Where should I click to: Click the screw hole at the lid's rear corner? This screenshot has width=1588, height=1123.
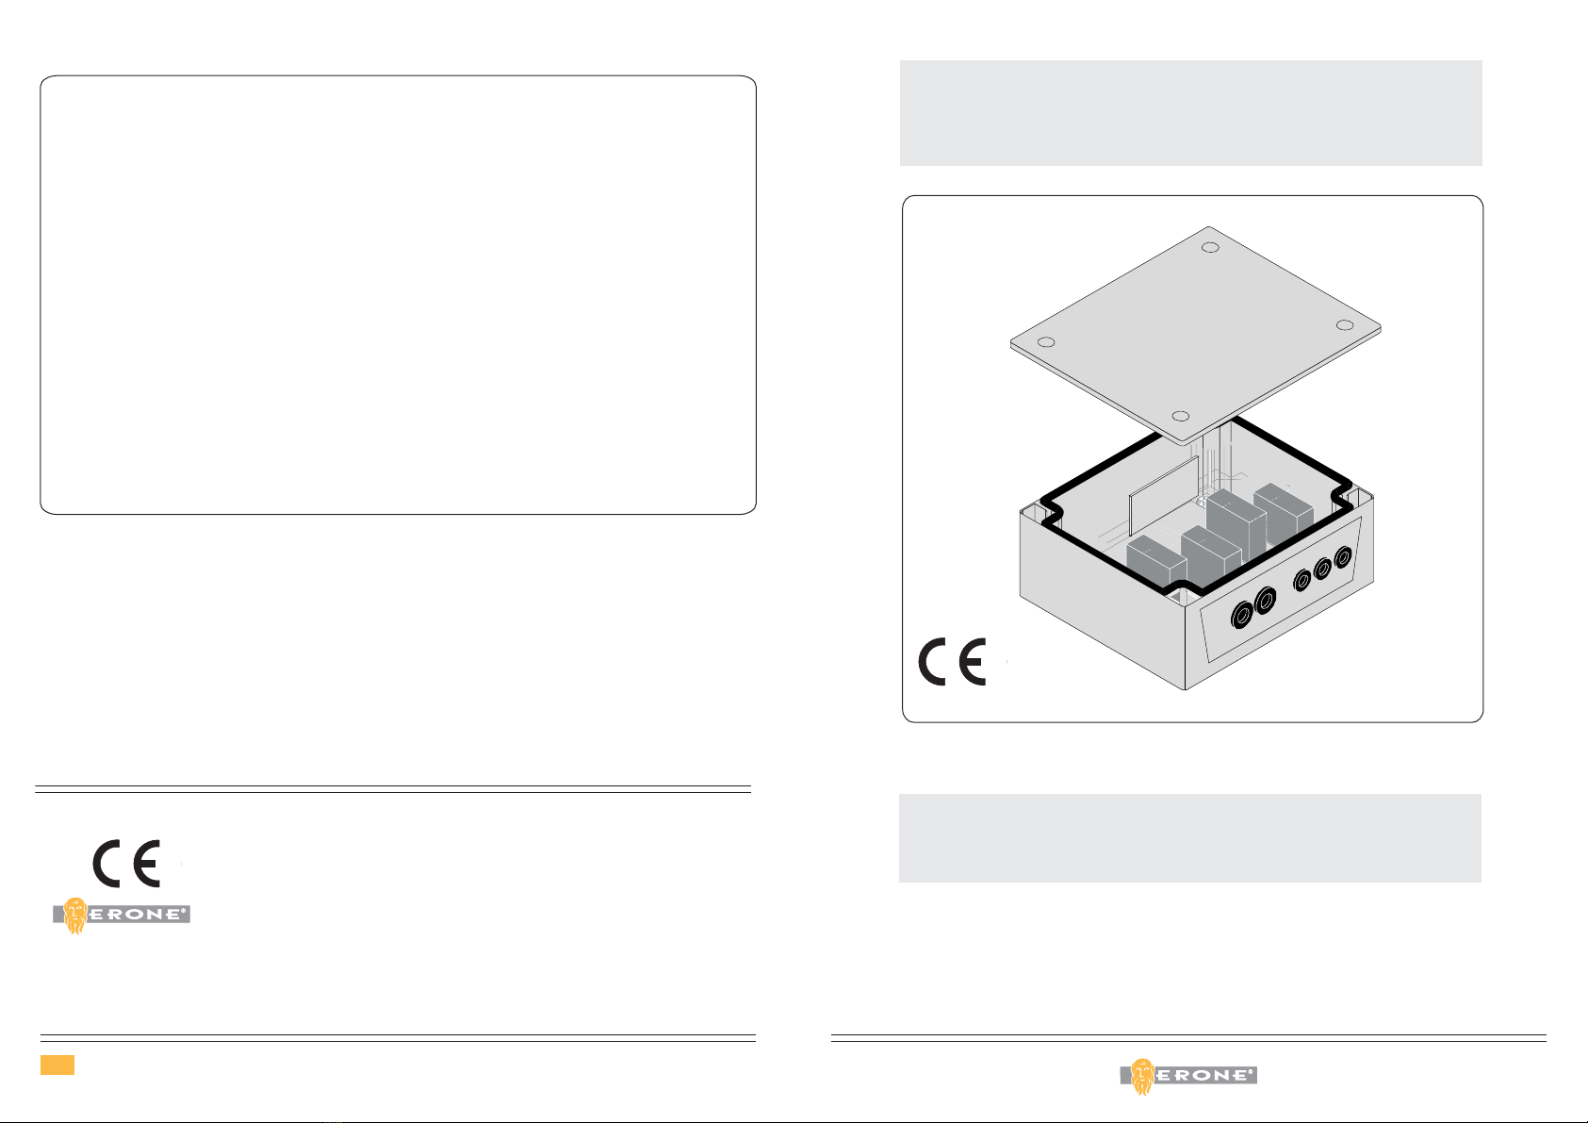[1212, 248]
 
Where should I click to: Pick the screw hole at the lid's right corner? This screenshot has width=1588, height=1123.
[1345, 325]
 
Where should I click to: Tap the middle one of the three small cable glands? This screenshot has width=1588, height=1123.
[1322, 569]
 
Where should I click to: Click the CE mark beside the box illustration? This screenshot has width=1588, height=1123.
[952, 661]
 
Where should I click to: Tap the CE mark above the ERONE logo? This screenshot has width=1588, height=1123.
[126, 863]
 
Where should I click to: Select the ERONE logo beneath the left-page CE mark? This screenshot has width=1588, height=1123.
[122, 914]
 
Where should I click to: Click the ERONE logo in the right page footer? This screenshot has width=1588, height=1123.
[1188, 1075]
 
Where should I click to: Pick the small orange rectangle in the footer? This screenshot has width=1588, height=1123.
[57, 1065]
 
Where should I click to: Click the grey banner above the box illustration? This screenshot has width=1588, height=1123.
[1190, 113]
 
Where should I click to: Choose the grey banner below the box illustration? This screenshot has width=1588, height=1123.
[1189, 838]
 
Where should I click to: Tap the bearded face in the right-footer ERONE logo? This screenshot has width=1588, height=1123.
[1142, 1075]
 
